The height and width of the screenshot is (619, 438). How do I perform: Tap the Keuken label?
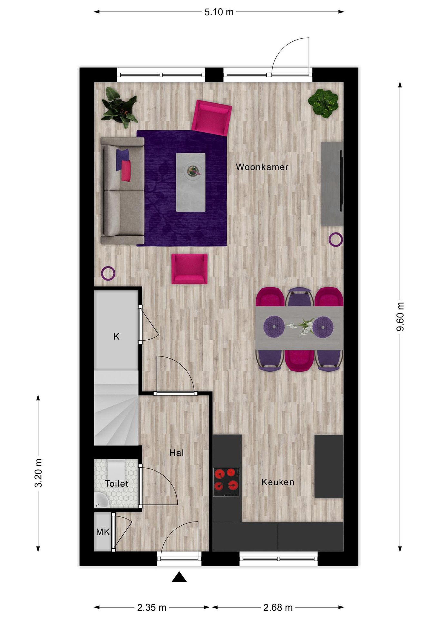click(x=278, y=482)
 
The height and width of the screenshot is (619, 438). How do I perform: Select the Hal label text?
click(x=177, y=453)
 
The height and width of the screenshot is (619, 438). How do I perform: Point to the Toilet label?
click(x=117, y=483)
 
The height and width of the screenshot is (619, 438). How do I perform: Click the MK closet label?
click(x=103, y=532)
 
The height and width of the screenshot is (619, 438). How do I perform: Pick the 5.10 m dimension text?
click(x=219, y=12)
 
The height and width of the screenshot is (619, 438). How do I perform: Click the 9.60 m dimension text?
click(x=400, y=317)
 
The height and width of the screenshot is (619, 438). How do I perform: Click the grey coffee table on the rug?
click(x=191, y=182)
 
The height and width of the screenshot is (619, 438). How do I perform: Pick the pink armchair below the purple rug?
click(x=190, y=269)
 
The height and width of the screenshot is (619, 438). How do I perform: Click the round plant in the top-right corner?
click(x=323, y=103)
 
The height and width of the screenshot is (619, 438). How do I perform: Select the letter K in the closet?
click(x=116, y=336)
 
